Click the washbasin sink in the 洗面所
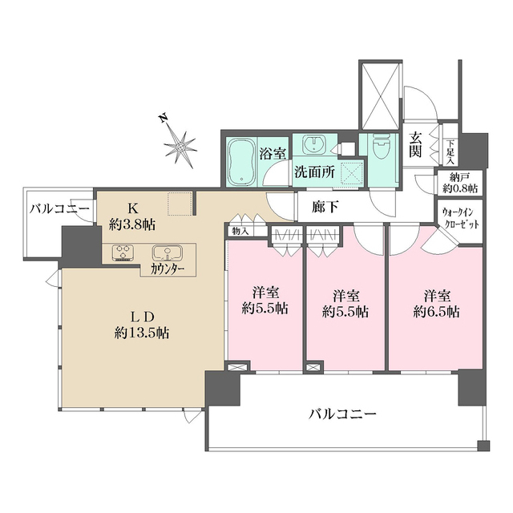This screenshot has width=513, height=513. click(312, 146)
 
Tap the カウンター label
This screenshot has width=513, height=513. click(168, 269)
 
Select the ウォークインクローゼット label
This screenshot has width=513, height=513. click(459, 219)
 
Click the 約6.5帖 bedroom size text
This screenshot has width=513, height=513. click(436, 310)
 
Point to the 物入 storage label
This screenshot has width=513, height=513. click(239, 232)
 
